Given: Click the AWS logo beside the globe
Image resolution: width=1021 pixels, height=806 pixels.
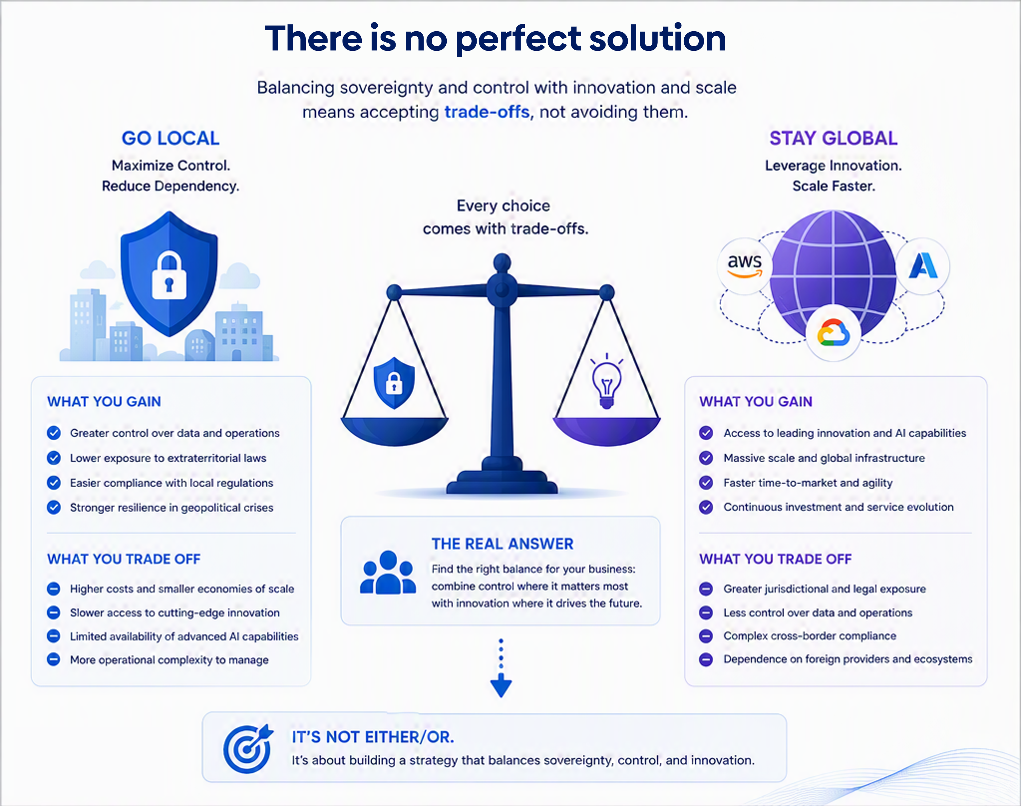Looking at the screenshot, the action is (745, 266).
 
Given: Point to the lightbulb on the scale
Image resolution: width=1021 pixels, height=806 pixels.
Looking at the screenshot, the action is (607, 381).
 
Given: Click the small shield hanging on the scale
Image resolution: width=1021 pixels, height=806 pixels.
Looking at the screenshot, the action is (394, 383).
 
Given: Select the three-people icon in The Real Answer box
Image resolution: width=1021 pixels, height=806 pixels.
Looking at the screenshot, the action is (388, 573).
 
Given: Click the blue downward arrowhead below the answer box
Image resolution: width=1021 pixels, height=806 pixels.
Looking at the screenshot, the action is (501, 685).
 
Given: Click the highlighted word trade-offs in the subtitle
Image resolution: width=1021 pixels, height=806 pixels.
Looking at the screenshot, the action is (487, 112).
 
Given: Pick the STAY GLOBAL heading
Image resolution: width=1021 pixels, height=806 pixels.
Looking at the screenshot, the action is (833, 138).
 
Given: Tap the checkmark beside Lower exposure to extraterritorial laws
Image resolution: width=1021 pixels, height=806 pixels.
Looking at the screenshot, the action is (54, 458).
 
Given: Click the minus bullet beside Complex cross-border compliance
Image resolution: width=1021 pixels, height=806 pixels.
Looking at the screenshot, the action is (706, 636).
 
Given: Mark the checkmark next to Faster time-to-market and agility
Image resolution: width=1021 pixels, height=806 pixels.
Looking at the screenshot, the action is (706, 482).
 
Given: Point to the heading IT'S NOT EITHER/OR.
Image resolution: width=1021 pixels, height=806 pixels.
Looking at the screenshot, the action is (373, 737).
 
